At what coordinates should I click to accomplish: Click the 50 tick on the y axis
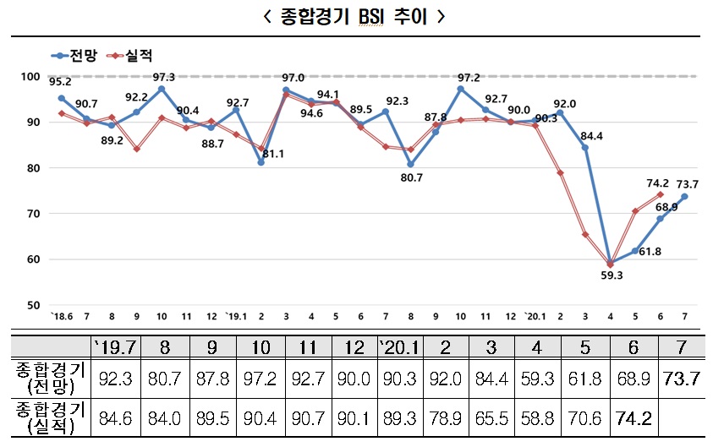[33, 305]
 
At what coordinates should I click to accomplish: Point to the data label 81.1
[272, 154]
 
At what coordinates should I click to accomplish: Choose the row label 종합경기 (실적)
[46, 417]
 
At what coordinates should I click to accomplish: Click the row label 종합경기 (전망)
[46, 377]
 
